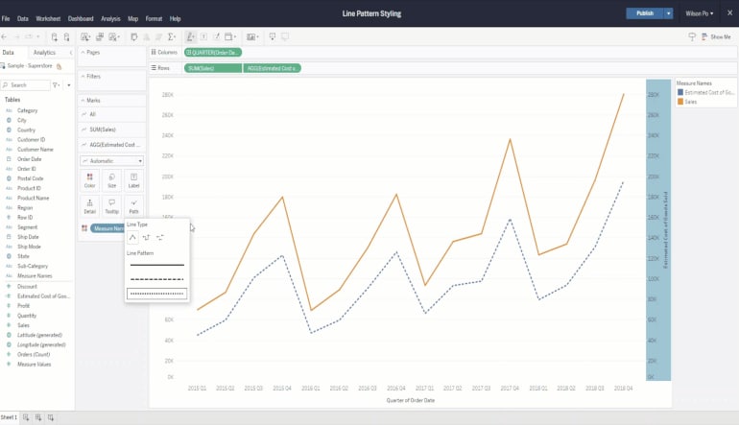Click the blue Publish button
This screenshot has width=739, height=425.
point(644,13)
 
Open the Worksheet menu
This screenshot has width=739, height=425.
point(48,18)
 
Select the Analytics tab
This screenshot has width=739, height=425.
point(44,53)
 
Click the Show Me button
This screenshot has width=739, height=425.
point(715,36)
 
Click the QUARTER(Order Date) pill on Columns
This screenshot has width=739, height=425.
point(213,52)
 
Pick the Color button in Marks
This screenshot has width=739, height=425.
point(89,179)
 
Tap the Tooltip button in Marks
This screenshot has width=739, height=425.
point(111,205)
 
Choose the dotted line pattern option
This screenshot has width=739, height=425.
point(156,294)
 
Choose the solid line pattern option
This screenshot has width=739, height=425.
point(156,265)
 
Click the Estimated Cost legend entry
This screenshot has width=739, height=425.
point(708,92)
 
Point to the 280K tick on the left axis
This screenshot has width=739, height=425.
point(167,95)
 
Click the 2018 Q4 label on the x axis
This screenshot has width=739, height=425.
point(623,388)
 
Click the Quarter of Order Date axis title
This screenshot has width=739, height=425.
point(410,399)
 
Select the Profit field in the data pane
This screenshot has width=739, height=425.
point(24,305)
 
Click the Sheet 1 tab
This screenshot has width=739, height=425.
point(9,417)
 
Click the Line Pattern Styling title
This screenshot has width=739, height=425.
point(371,13)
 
